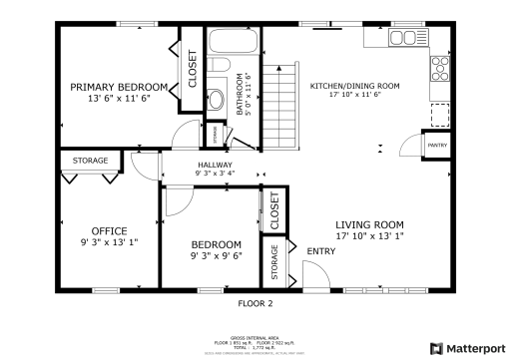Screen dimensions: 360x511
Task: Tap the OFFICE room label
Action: click(x=109, y=231)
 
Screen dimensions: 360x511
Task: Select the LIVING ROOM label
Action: click(x=368, y=224)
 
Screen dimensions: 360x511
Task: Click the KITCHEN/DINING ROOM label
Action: click(x=354, y=86)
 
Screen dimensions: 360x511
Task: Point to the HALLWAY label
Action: click(x=215, y=165)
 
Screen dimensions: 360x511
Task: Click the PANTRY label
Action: click(x=436, y=146)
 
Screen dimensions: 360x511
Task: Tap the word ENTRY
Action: click(x=320, y=251)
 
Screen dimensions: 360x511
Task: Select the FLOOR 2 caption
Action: click(x=255, y=302)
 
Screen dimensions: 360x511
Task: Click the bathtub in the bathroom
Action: click(x=234, y=42)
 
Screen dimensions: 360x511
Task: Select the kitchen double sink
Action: click(x=403, y=38)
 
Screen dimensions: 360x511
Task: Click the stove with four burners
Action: click(x=439, y=68)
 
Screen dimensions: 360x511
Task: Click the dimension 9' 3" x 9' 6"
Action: click(x=216, y=255)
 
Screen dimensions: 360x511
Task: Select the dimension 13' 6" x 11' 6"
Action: click(x=111, y=99)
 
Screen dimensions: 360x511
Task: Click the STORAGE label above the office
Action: click(x=90, y=160)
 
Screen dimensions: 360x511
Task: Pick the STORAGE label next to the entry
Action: click(x=274, y=261)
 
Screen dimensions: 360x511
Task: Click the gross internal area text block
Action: click(x=255, y=341)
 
